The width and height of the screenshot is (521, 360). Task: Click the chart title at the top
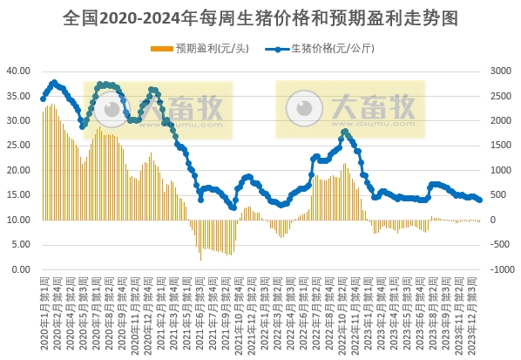pos(260,17)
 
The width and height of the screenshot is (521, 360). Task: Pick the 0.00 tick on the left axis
pos(20,270)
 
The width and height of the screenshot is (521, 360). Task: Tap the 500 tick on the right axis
pos(499,195)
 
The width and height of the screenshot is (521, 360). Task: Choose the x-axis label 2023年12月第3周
pos(477,309)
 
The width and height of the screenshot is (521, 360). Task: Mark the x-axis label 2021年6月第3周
pos(200,309)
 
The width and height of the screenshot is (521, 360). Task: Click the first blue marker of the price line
pos(43,98)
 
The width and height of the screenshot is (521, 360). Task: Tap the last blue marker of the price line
pos(480,200)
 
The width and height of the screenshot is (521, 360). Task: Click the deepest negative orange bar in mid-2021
pos(201,259)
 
